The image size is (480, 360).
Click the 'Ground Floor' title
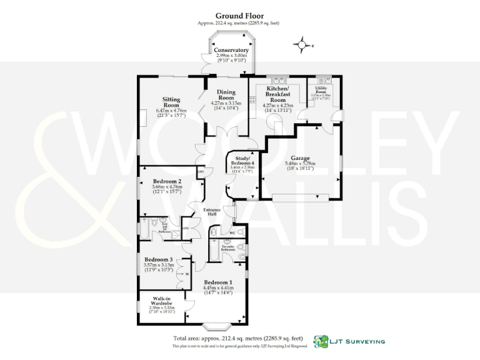tap(239, 16)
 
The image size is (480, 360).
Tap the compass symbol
tap(302, 45)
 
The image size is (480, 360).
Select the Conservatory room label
tap(231, 50)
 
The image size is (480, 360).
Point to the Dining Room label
tap(226, 96)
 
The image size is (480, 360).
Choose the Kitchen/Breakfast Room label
tap(277, 94)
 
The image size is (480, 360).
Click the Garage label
tap(301, 159)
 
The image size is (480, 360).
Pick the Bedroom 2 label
tap(167, 182)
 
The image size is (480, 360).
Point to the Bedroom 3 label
tap(158, 259)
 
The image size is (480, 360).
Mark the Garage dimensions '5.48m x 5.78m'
tap(301, 164)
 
